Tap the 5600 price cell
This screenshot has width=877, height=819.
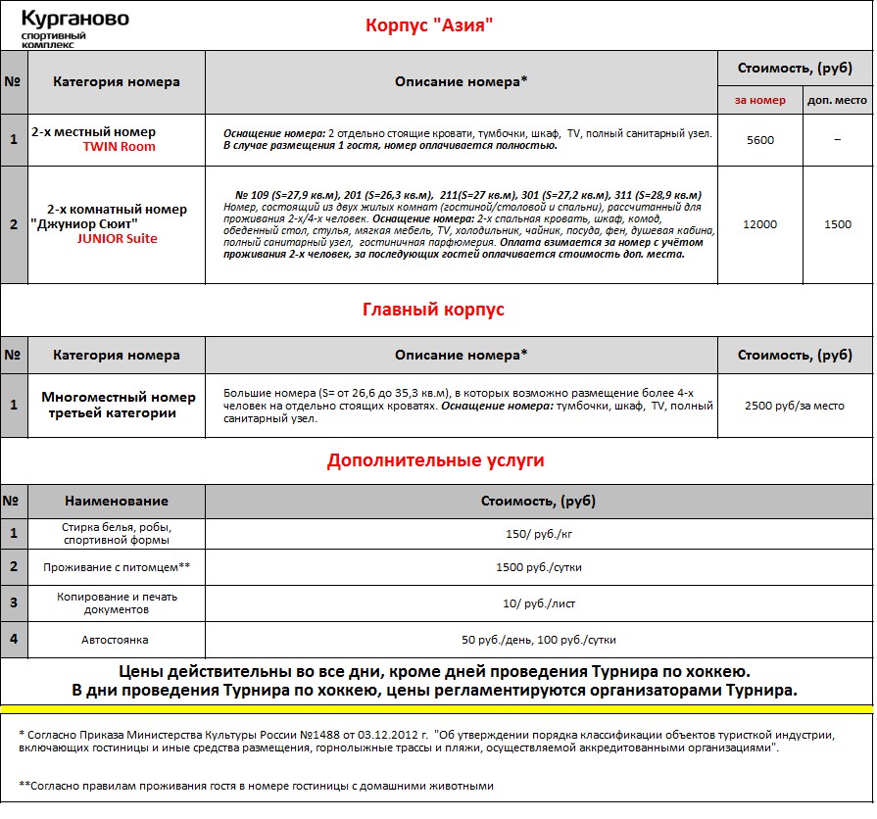click(759, 140)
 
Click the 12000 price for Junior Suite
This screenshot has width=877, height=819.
click(759, 225)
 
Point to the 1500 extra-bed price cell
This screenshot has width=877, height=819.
click(837, 225)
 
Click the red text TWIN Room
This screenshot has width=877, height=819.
click(119, 147)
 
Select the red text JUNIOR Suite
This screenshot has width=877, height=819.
click(117, 238)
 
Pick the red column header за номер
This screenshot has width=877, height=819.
click(759, 101)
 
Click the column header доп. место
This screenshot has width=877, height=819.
click(837, 101)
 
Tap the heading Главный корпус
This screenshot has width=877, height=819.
click(433, 310)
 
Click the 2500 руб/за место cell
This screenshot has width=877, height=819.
click(795, 405)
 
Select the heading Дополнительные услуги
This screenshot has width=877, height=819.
click(435, 459)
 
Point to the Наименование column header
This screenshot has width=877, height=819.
click(117, 501)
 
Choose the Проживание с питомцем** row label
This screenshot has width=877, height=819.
click(117, 567)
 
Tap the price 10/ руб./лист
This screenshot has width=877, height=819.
click(538, 603)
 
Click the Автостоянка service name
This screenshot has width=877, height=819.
click(117, 639)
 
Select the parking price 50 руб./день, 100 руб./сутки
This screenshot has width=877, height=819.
click(538, 640)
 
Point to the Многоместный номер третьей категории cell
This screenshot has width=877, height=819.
click(119, 405)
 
